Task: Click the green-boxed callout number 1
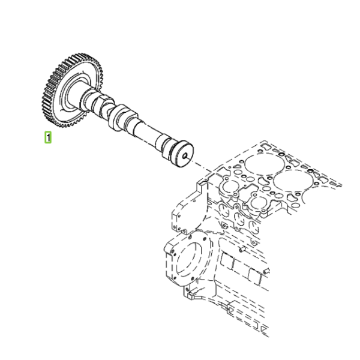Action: coord(48,137)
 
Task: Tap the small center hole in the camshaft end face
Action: coord(185,156)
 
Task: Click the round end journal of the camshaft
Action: coord(184,154)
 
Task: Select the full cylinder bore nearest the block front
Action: coord(265,164)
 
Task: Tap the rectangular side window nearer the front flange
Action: coord(227,261)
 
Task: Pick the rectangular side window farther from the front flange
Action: coord(255,277)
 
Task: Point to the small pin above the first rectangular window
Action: coord(242,249)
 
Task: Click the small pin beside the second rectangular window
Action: coord(266,271)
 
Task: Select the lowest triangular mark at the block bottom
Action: coord(264,331)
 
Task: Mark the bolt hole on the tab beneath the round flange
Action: coord(187,289)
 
